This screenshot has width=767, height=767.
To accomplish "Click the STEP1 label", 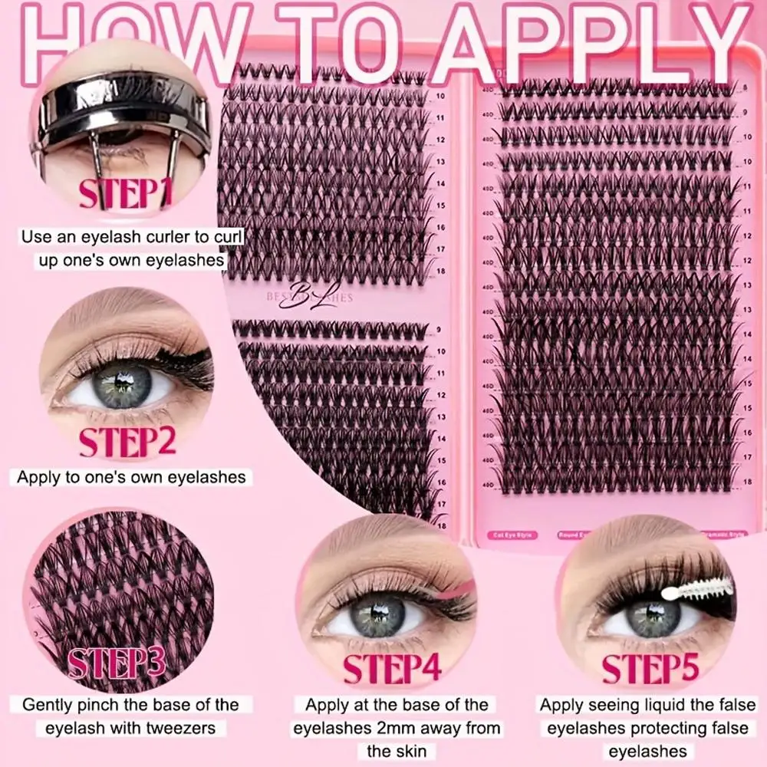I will [126, 193].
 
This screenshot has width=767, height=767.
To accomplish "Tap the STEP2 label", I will [127, 442].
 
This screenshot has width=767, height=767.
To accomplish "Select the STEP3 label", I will [117, 663].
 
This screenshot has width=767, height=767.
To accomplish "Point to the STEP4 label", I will [392, 669].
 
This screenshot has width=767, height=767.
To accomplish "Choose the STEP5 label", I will [650, 669].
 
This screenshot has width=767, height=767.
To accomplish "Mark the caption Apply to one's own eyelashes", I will [131, 477].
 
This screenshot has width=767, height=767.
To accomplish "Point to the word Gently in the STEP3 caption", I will [51, 704].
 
